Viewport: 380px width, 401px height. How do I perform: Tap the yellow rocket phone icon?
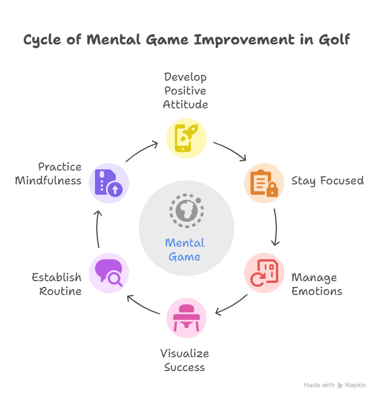[x=186, y=138]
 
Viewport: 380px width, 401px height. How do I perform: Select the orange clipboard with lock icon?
[x=264, y=183]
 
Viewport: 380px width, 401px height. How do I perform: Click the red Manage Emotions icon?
[x=264, y=273]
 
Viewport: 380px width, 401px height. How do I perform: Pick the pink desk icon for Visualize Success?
[x=186, y=317]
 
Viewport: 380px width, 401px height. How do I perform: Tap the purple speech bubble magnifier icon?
[x=108, y=273]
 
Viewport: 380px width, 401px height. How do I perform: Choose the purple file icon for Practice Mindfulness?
[x=108, y=183]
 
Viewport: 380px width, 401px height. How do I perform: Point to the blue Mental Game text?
[x=185, y=249]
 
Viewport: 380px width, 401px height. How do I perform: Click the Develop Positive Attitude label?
[x=185, y=90]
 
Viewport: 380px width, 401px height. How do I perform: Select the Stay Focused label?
[x=327, y=181]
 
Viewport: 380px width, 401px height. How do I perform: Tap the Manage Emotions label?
[x=316, y=284]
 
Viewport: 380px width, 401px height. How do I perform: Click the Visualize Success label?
[x=185, y=360]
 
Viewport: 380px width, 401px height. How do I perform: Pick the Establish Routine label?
[x=57, y=284]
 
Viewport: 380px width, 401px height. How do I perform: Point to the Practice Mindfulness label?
[x=48, y=173]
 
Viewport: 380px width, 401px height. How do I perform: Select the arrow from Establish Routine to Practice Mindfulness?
[x=98, y=229]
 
